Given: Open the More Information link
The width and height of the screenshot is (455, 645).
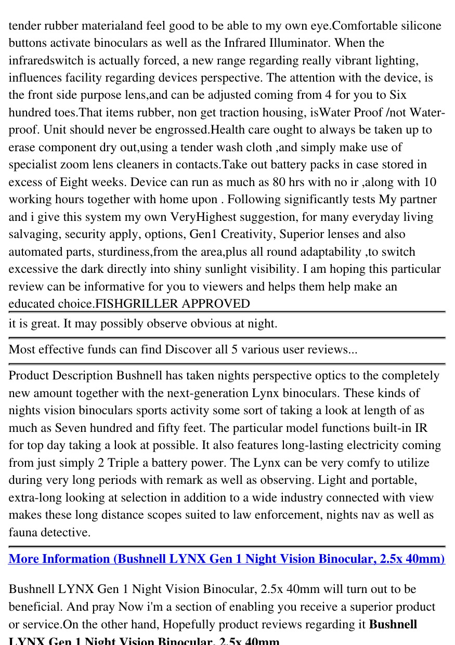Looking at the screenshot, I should click(227, 559).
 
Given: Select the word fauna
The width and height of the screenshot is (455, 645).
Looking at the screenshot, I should click(24, 532).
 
